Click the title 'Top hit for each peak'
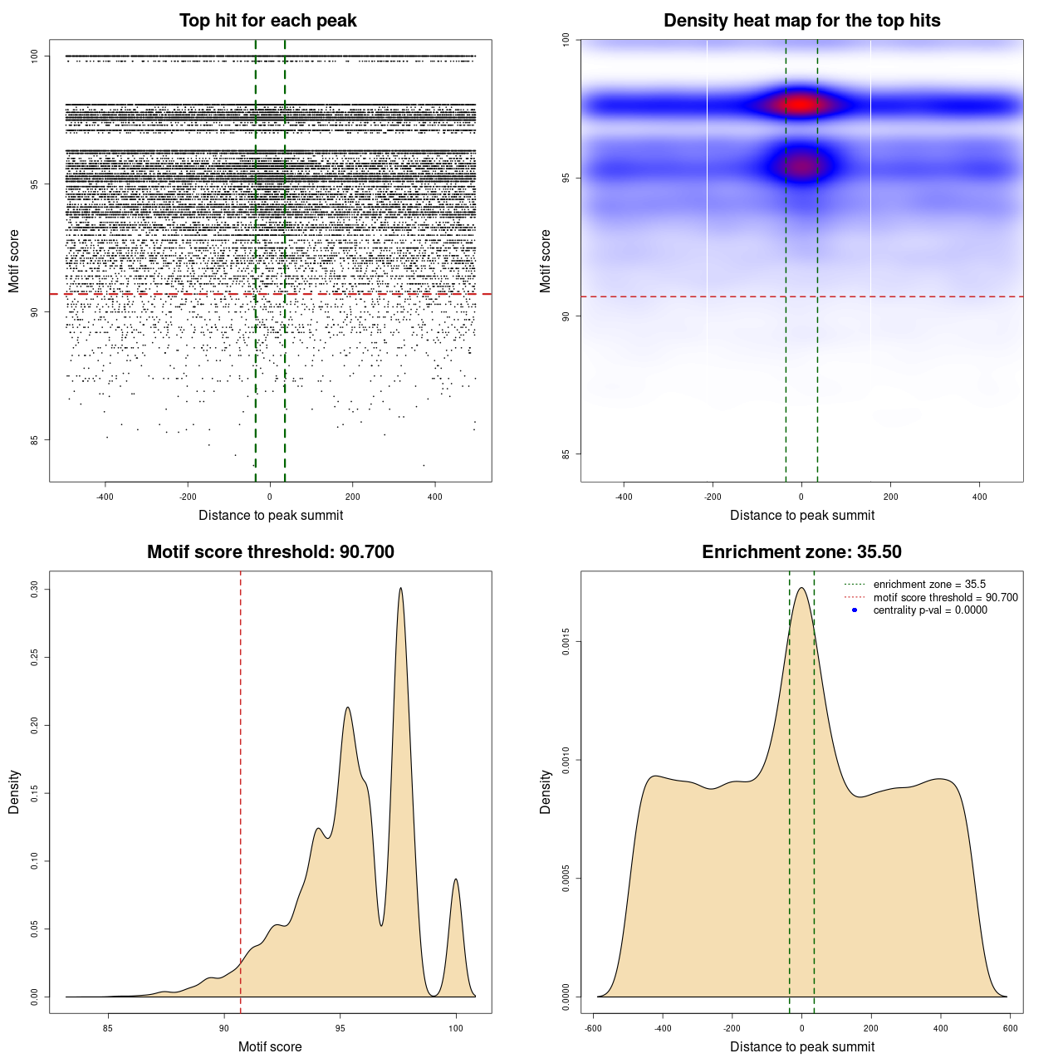click(x=267, y=21)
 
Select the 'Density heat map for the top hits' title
click(x=801, y=21)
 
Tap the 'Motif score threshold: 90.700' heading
click(x=270, y=552)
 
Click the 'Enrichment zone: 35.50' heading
click(x=801, y=552)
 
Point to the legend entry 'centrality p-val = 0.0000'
click(x=930, y=610)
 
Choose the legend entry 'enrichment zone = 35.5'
click(x=929, y=585)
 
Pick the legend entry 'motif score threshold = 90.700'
click(x=945, y=598)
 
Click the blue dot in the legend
click(x=855, y=610)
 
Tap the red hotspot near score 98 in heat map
click(x=800, y=105)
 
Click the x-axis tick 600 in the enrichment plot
click(x=1010, y=1028)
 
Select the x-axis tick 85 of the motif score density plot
click(x=108, y=1028)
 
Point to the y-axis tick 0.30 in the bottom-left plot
click(x=34, y=589)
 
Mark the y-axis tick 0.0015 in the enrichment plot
click(x=566, y=641)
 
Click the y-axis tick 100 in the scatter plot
click(x=34, y=56)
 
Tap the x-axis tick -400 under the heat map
click(x=624, y=497)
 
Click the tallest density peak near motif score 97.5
click(x=401, y=589)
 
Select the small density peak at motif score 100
click(x=456, y=880)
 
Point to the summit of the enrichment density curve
click(x=801, y=589)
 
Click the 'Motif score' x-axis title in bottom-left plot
click(x=270, y=1046)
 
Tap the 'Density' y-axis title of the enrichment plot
click(x=546, y=791)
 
